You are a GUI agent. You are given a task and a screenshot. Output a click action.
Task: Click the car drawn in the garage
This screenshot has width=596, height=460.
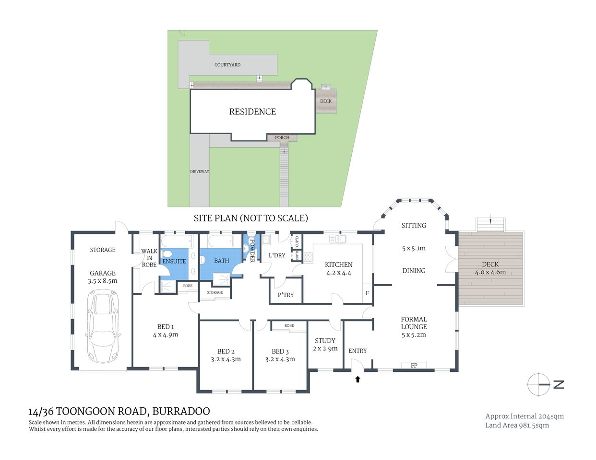click(103, 327)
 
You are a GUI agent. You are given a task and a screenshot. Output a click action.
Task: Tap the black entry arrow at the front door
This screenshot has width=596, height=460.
click(357, 379)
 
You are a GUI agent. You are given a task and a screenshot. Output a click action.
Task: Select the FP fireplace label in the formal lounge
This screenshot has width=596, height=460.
click(414, 366)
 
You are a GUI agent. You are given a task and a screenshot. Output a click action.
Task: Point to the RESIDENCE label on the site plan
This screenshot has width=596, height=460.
click(252, 112)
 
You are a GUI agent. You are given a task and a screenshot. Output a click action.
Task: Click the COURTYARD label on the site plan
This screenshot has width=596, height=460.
click(227, 65)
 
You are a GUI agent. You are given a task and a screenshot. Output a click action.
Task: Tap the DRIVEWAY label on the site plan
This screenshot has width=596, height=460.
click(199, 172)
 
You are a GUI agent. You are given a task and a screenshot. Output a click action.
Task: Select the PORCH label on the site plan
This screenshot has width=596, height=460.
click(282, 138)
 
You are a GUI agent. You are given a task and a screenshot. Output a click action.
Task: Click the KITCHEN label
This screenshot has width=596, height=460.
click(338, 264)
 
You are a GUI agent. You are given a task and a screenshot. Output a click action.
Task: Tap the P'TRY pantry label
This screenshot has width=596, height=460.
click(286, 295)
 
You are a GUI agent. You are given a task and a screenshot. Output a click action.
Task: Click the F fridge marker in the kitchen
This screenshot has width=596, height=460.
click(367, 293)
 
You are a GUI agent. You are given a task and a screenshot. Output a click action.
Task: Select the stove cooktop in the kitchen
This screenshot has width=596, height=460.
click(308, 256)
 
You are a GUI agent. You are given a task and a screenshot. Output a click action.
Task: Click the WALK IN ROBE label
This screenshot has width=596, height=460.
click(149, 258)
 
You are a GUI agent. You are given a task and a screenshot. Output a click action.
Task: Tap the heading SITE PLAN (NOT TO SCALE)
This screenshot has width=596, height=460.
click(250, 218)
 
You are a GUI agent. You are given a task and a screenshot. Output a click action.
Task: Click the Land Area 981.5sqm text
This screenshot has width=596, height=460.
click(517, 425)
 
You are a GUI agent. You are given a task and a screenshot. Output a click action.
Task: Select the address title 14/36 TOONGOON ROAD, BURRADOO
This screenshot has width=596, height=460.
click(119, 411)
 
